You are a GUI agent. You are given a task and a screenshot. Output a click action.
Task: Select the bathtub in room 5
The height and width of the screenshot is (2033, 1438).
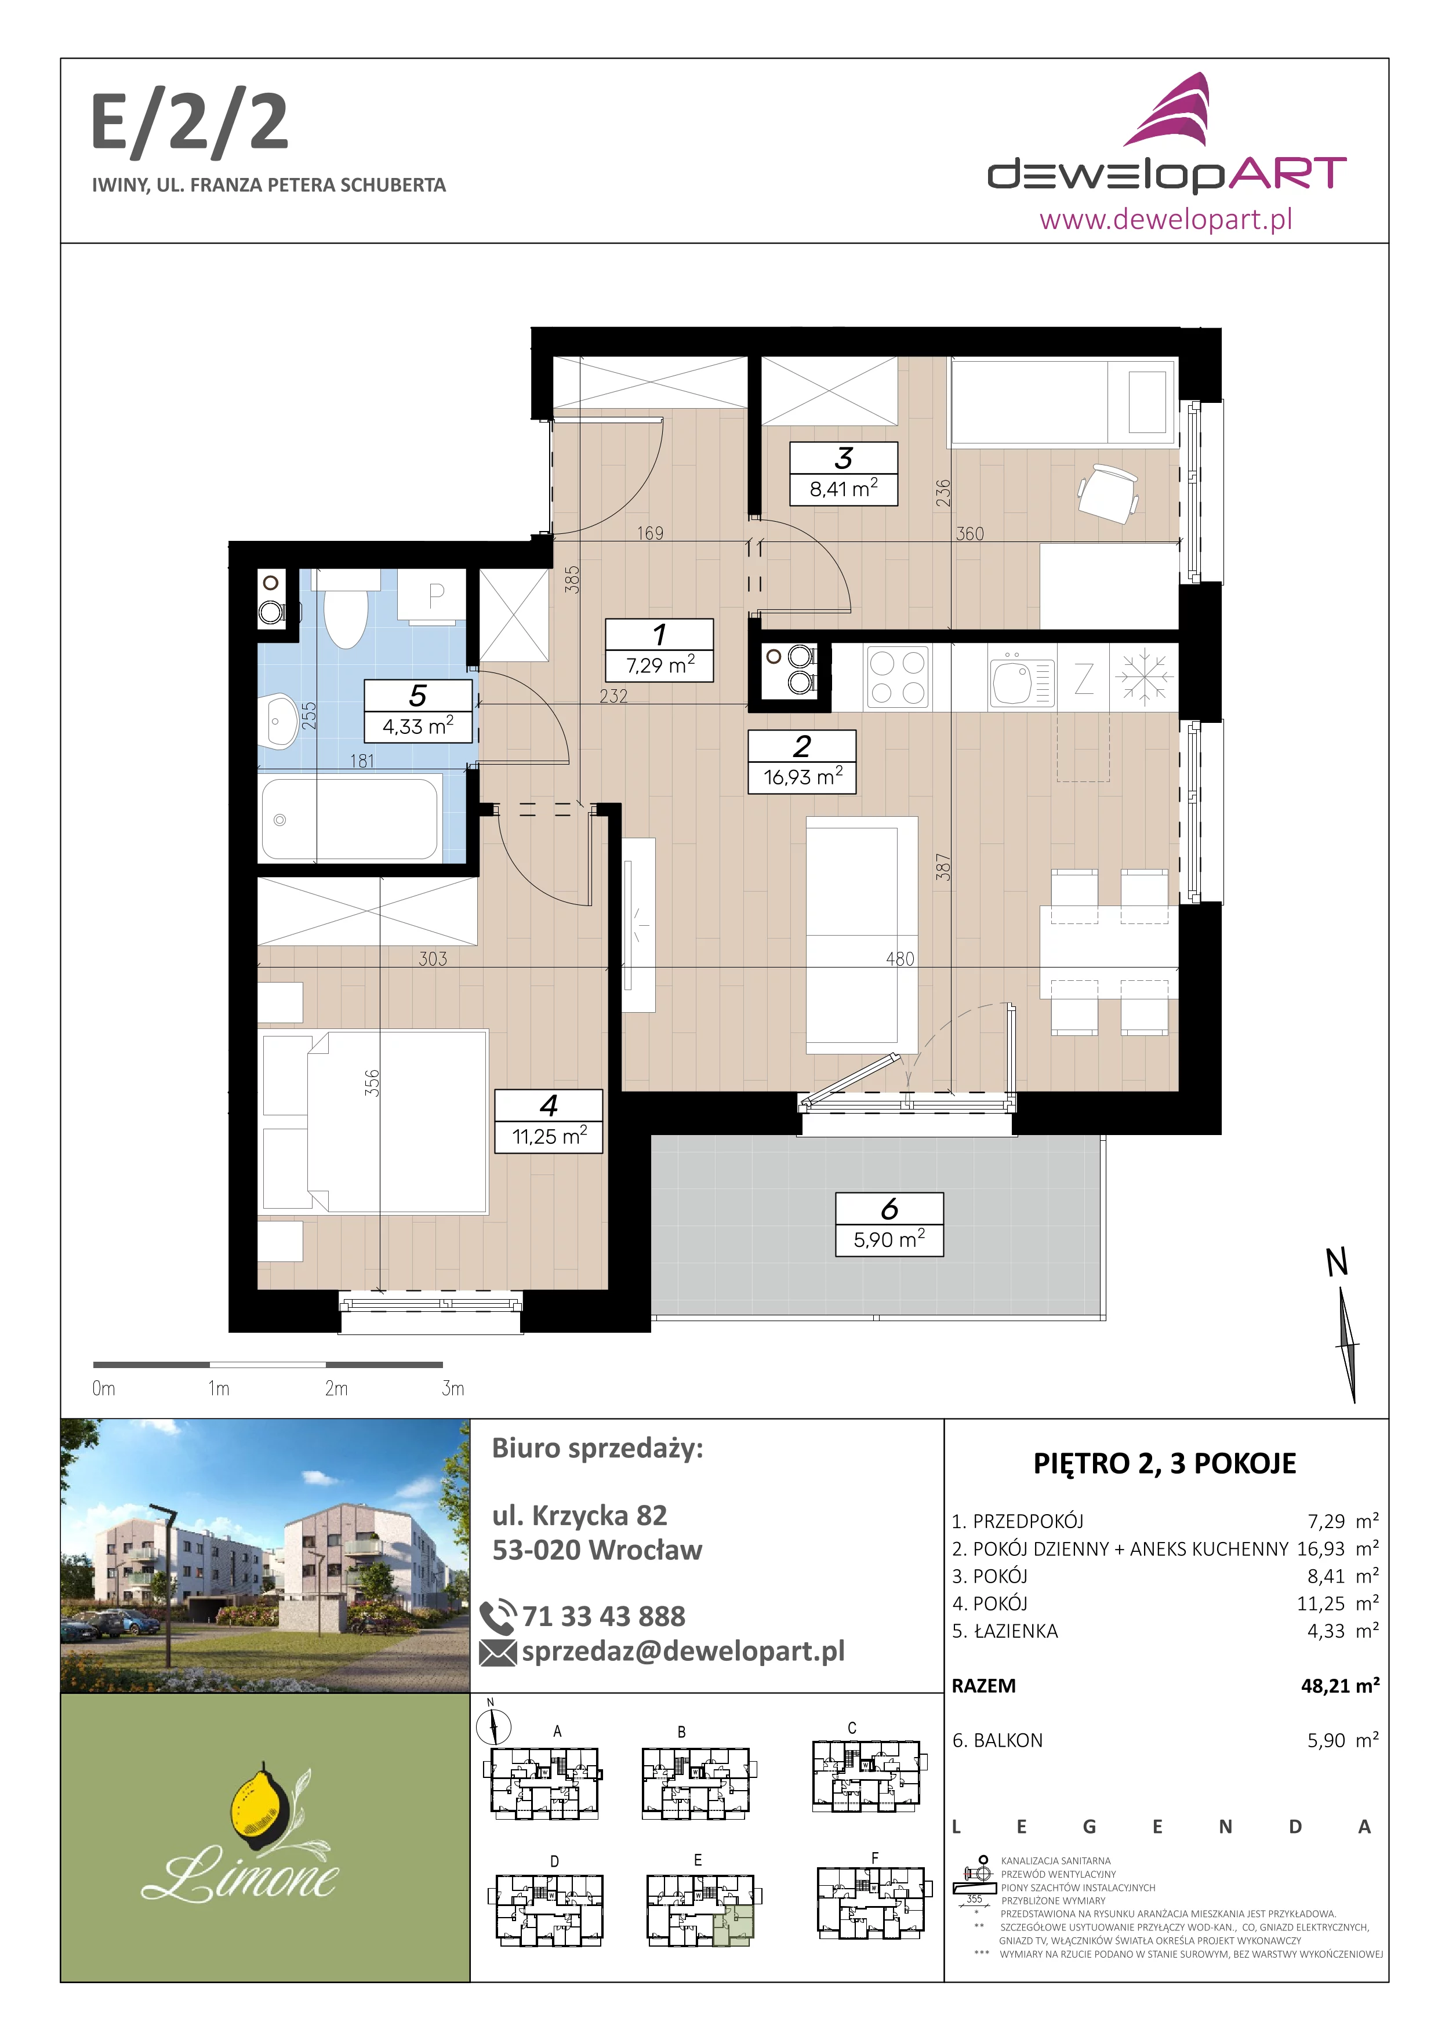coord(351,818)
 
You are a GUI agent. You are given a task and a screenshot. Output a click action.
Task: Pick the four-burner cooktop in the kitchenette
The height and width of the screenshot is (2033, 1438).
coord(897,677)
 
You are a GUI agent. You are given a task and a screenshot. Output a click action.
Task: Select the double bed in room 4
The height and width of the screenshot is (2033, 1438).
coord(373,1121)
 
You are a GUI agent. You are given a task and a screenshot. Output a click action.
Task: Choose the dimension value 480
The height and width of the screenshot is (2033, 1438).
coord(900,959)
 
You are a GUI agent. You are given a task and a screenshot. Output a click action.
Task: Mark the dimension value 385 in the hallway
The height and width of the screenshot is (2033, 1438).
coord(573,579)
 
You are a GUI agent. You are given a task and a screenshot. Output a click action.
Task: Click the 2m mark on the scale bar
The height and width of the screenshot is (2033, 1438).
coord(336,1388)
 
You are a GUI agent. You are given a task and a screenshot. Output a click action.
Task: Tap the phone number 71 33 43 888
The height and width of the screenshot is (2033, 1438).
coord(604,1616)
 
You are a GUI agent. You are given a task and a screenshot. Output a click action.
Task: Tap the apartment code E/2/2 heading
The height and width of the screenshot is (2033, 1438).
coord(190,124)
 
